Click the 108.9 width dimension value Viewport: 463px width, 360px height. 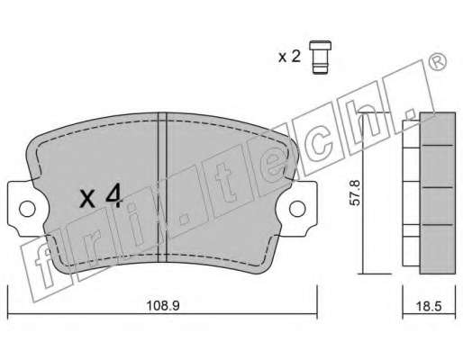pyautogui.click(x=163, y=306)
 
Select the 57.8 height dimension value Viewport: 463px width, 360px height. pyautogui.click(x=355, y=193)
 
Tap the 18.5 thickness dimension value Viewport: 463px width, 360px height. pyautogui.click(x=429, y=306)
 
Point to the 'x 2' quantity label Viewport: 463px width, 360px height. pyautogui.click(x=289, y=57)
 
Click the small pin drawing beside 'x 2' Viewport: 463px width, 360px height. pyautogui.click(x=320, y=57)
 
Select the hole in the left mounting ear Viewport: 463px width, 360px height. pyautogui.click(x=27, y=209)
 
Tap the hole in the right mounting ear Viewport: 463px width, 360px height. pyautogui.click(x=297, y=209)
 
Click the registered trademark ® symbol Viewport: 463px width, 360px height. pyautogui.click(x=437, y=62)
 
